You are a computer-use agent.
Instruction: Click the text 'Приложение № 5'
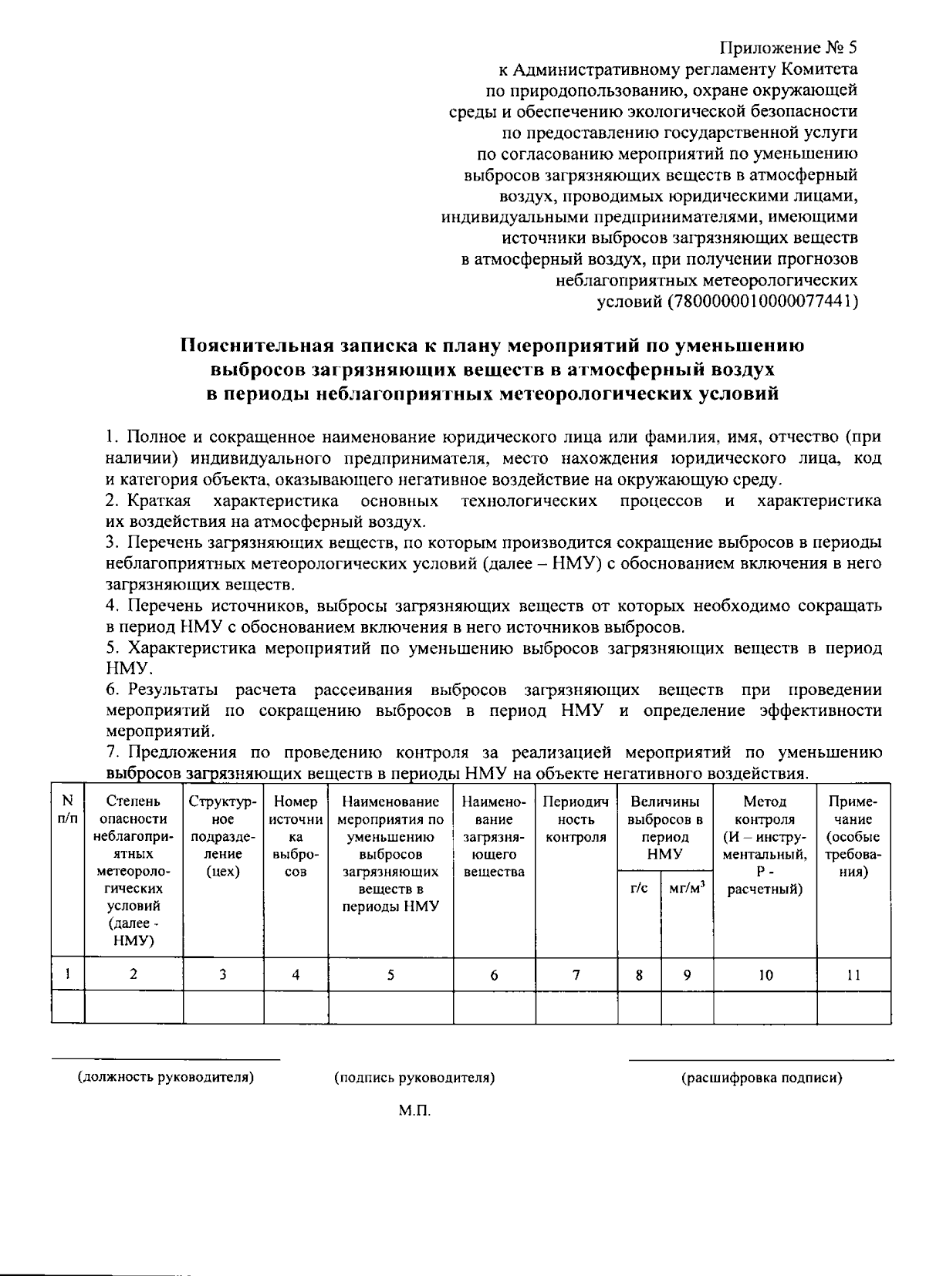[788, 48]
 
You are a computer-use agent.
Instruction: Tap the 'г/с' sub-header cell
[639, 888]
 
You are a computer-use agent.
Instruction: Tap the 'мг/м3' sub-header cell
[687, 888]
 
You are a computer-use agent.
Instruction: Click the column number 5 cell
[390, 974]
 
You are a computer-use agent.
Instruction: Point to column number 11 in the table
[853, 974]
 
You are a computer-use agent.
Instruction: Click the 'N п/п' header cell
[68, 810]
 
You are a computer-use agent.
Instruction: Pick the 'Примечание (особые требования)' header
[853, 836]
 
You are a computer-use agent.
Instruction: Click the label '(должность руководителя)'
[166, 1078]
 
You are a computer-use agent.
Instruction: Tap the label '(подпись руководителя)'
[414, 1078]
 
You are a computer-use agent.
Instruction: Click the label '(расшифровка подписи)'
[761, 1078]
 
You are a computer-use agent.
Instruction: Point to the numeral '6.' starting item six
[113, 689]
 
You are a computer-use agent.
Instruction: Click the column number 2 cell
[133, 974]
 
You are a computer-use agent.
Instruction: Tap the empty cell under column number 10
[764, 1008]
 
